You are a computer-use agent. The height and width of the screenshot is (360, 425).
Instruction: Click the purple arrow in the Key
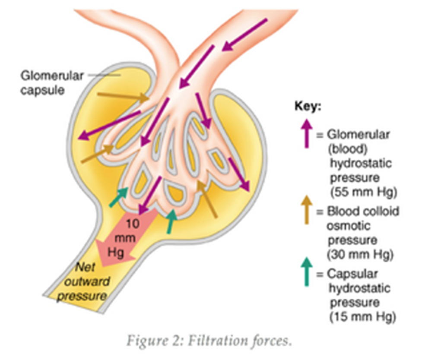click(307, 133)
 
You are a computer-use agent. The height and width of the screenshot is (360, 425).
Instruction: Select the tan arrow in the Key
click(307, 210)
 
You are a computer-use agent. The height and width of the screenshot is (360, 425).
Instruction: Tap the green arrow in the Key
click(307, 272)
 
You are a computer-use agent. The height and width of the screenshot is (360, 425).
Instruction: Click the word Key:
click(308, 106)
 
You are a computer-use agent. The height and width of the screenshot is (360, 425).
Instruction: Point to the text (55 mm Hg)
click(364, 192)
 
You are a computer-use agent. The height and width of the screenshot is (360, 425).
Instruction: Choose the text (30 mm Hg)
click(360, 254)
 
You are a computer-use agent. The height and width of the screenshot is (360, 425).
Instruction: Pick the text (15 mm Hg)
click(363, 317)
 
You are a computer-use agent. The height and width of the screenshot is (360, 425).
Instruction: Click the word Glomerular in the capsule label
click(52, 76)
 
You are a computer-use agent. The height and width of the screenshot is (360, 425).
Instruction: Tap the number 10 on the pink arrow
click(133, 224)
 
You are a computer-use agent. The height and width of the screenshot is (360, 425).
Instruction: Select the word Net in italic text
click(85, 268)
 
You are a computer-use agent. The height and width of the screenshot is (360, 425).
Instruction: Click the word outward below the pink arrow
click(87, 282)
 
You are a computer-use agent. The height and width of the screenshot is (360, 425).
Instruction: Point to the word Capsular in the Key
click(352, 274)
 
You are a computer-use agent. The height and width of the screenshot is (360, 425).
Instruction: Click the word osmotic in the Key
click(348, 226)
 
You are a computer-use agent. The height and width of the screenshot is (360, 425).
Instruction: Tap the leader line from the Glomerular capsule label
click(104, 75)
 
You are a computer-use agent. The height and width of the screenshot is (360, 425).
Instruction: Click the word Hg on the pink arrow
click(116, 253)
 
